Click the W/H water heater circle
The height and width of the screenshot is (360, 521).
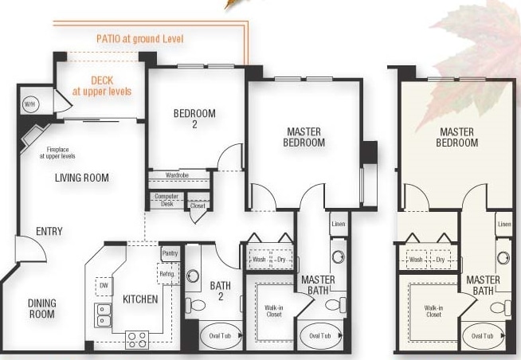click(x=29, y=104)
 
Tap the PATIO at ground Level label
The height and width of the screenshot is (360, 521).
click(x=140, y=39)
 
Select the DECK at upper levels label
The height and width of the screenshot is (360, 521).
click(x=102, y=86)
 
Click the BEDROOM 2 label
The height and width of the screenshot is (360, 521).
click(x=194, y=119)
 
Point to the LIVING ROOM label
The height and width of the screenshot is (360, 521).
click(x=82, y=178)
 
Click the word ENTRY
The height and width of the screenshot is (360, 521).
click(x=49, y=231)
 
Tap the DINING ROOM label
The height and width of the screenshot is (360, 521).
click(x=42, y=308)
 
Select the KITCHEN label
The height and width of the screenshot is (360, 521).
click(x=140, y=299)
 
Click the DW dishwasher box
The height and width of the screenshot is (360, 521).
click(x=104, y=286)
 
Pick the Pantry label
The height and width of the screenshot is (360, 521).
click(x=170, y=253)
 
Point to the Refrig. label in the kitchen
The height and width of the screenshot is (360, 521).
click(x=167, y=274)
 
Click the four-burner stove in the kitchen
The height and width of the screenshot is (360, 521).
click(x=137, y=340)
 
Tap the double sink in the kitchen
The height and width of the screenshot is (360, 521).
click(x=103, y=315)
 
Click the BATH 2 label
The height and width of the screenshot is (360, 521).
click(x=221, y=291)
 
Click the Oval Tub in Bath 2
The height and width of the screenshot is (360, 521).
click(x=221, y=336)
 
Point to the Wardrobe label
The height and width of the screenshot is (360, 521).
click(x=177, y=175)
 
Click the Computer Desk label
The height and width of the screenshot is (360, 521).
click(x=166, y=200)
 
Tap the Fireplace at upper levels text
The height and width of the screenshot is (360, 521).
click(x=57, y=153)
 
